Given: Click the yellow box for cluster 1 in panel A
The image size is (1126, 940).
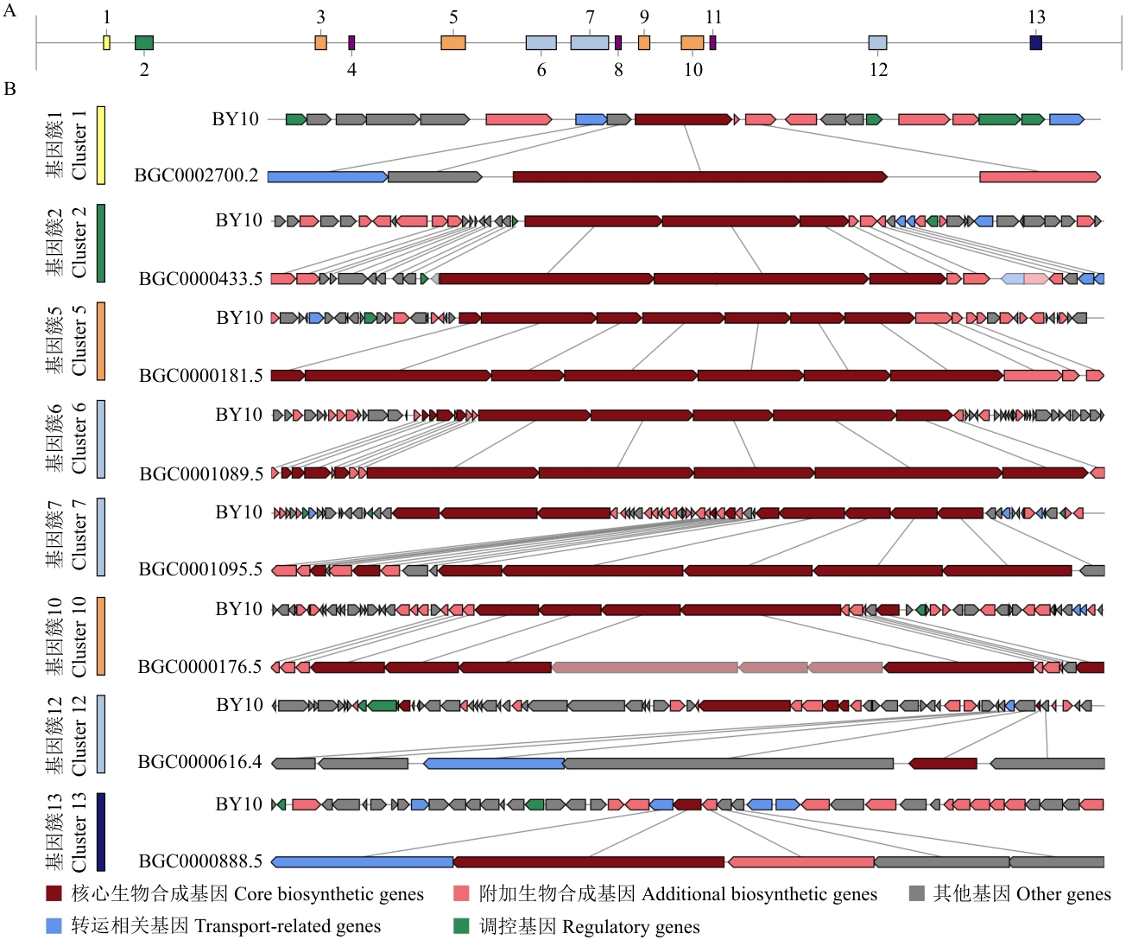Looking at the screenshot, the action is point(107,42).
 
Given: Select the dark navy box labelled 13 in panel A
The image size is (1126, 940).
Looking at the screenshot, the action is point(1035,42).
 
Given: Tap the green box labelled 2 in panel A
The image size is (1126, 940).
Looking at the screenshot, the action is point(144,42).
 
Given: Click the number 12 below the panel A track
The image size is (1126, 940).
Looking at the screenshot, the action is point(878,70).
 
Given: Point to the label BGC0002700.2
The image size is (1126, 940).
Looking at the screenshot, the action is point(196,176).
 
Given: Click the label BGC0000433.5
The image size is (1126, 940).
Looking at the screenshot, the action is point(200,279).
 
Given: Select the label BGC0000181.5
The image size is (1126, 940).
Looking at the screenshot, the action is point(200,376).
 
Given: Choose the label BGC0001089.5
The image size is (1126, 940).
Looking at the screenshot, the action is point(201,473).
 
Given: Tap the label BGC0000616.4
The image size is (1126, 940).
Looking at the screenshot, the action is point(200,762).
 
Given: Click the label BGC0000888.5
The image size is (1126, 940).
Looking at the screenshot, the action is point(200,861).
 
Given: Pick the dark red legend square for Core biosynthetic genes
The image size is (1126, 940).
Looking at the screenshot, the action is point(54,893).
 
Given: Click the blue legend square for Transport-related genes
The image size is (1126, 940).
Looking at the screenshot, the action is point(54,926).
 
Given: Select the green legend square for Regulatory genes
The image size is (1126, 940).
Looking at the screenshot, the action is point(461,926).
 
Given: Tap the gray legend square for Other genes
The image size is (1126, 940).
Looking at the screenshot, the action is point(917,893).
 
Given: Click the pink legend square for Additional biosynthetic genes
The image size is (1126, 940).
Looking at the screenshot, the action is point(461,893).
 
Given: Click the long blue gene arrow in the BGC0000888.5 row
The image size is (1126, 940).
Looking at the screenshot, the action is point(363,862).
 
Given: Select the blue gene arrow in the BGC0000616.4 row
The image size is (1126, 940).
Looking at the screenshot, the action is point(495,764).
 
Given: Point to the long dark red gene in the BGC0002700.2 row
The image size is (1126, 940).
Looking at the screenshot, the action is point(700,176).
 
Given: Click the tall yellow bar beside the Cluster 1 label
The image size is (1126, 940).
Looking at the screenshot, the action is point(101,145).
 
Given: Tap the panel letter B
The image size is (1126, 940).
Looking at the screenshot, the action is point(9,89).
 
